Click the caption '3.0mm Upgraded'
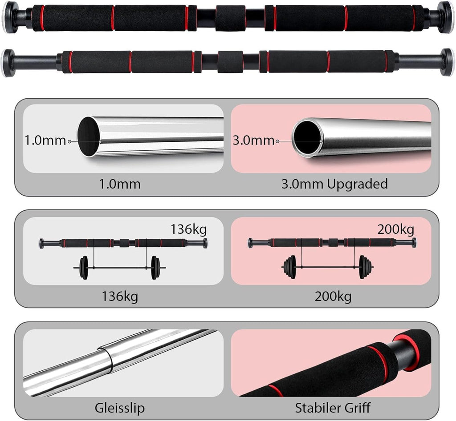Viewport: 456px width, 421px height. pyautogui.click(x=334, y=184)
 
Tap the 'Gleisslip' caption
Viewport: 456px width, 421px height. pyautogui.click(x=119, y=408)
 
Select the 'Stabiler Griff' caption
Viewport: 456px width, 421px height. pyautogui.click(x=333, y=408)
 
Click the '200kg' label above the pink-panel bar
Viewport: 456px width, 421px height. pyautogui.click(x=395, y=230)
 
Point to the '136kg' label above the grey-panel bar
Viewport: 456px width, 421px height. pyautogui.click(x=188, y=229)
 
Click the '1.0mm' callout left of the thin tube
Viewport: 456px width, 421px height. pyautogui.click(x=45, y=140)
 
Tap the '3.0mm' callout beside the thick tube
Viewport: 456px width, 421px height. pyautogui.click(x=253, y=140)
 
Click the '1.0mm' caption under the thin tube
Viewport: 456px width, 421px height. pyautogui.click(x=120, y=184)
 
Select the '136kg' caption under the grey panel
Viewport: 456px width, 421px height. pyautogui.click(x=120, y=297)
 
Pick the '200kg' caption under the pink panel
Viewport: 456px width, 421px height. pyautogui.click(x=333, y=297)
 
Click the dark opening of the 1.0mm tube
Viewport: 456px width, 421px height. pyautogui.click(x=88, y=136)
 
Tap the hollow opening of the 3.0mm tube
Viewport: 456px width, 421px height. pyautogui.click(x=307, y=137)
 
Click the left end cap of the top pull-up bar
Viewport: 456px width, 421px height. pyautogui.click(x=11, y=17)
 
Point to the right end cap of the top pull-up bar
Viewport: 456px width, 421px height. pyautogui.click(x=446, y=17)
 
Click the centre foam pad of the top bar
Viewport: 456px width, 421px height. pyautogui.click(x=230, y=18)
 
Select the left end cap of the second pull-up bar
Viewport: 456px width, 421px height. pyautogui.click(x=8, y=63)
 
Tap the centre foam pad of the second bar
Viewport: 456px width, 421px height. pyautogui.click(x=230, y=62)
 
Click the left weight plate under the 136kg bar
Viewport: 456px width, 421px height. pyautogui.click(x=84, y=268)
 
